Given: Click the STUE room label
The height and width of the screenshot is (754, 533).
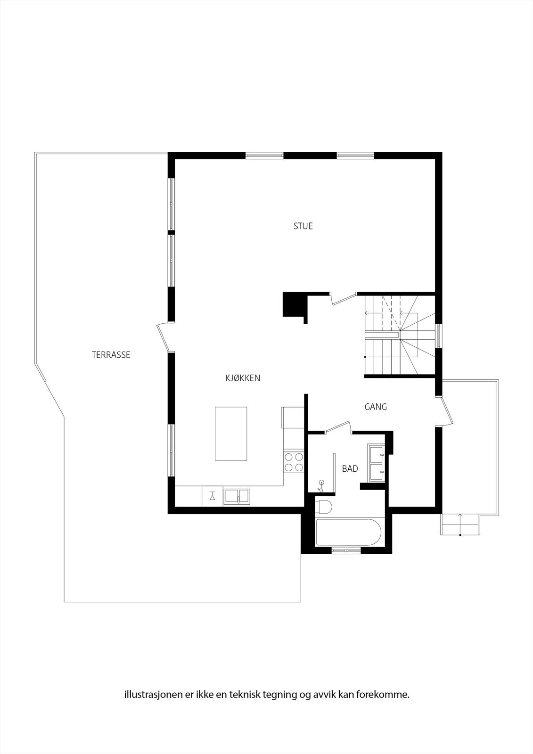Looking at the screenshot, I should coord(303,226).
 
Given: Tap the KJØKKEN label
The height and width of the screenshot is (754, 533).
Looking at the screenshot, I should coord(243,378).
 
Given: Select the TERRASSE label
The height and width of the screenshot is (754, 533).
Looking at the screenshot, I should coord(111,355).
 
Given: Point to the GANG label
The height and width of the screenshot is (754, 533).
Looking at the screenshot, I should coord(376,407).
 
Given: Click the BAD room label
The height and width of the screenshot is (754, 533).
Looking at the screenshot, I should coord(350,469).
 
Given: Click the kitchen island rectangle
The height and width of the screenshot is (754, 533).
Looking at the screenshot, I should coord(231,434).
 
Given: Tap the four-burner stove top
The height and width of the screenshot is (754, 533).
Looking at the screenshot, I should coord(293,462).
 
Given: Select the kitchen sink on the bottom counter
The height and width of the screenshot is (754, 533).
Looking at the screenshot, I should coord(237,496).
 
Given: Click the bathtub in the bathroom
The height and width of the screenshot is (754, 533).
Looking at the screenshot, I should coord(348,533).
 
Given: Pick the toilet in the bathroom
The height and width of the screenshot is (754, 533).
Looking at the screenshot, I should coord(324,507).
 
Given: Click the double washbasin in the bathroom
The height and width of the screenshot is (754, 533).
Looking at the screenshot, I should coord(377,463).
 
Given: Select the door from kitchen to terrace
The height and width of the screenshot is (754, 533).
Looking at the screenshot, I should coord(163,337).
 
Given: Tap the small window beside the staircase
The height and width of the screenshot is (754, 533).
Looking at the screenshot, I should coord(439,336).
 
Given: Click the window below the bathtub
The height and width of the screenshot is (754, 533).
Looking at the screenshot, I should coord(347,550).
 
